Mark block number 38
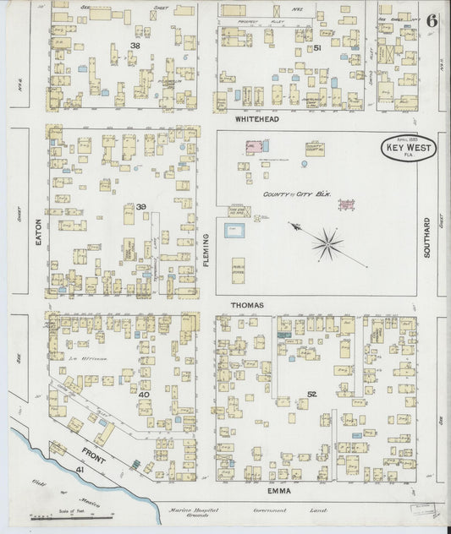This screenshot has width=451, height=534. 135,45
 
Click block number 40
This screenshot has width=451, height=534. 144,395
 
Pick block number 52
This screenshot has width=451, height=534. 312,395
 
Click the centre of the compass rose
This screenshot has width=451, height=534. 327,244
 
